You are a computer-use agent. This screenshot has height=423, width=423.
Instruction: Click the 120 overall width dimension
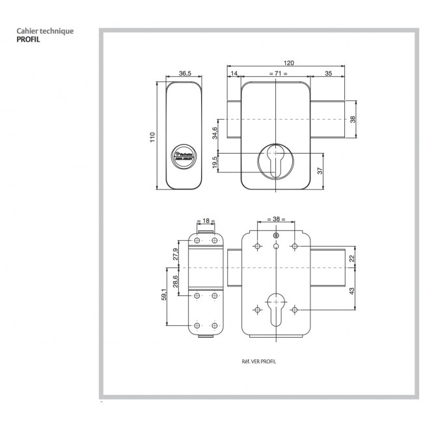pyautogui.click(x=289, y=62)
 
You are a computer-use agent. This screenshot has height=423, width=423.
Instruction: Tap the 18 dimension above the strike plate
pyautogui.click(x=206, y=221)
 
